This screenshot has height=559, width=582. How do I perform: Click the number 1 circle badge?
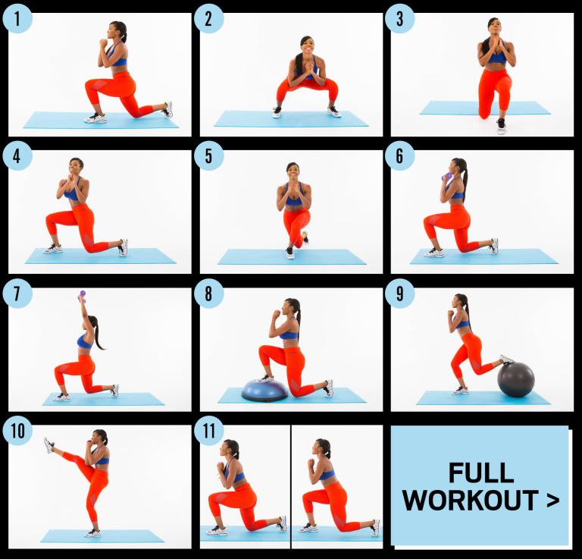point(17,18)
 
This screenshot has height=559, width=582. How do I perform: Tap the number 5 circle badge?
point(208,155)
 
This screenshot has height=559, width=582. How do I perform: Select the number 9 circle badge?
point(399,293)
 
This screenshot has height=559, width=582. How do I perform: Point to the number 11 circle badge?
point(208,431)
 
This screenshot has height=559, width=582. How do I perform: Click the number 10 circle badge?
point(17,431)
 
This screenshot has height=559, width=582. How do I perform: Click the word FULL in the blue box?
point(481,473)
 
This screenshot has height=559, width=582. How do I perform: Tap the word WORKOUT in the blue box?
point(471,501)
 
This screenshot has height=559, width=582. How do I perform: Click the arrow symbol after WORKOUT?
point(552,501)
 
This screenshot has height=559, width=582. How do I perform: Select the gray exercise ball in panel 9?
point(516,379)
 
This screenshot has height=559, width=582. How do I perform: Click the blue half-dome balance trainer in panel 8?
point(264,391)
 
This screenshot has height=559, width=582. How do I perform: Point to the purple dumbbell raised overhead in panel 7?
point(82,295)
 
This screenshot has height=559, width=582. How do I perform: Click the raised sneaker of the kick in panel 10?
point(48,445)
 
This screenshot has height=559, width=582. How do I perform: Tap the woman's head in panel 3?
point(493,27)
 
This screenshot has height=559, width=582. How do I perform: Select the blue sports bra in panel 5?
point(293,199)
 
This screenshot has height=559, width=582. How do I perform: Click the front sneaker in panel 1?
point(95,118)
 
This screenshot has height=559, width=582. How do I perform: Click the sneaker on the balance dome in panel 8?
point(266,378)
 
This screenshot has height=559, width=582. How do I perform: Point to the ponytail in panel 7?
point(97,334)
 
